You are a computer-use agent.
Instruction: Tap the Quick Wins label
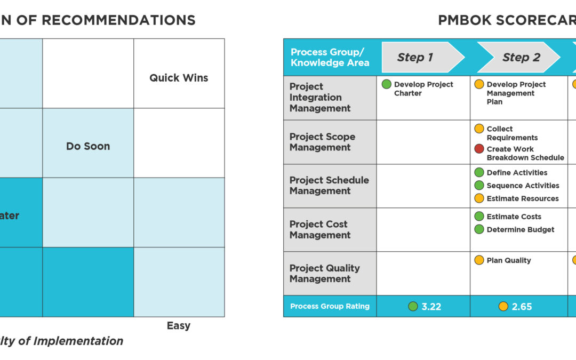(x=179, y=78)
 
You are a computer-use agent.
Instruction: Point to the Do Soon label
(x=88, y=146)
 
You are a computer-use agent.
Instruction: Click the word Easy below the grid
(x=178, y=326)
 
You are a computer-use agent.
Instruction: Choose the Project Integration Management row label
(x=320, y=98)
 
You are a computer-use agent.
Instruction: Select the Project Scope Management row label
(x=322, y=142)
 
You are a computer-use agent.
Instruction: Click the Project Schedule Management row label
(x=329, y=186)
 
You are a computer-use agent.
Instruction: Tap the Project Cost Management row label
(x=320, y=230)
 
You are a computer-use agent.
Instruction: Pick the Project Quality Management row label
(x=324, y=274)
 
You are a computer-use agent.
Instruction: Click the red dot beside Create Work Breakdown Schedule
(x=479, y=149)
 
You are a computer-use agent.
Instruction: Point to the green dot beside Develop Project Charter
(x=386, y=84)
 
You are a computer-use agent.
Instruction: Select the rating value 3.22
(x=431, y=307)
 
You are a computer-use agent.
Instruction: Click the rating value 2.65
(x=522, y=307)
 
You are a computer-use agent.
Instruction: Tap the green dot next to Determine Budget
(x=479, y=230)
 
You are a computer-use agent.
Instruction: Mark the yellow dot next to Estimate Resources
(x=479, y=198)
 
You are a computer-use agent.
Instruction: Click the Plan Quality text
(x=509, y=260)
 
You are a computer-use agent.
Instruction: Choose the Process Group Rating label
(x=330, y=307)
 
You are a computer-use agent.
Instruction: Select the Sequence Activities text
(x=523, y=186)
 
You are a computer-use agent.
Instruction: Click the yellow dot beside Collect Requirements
(x=479, y=129)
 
